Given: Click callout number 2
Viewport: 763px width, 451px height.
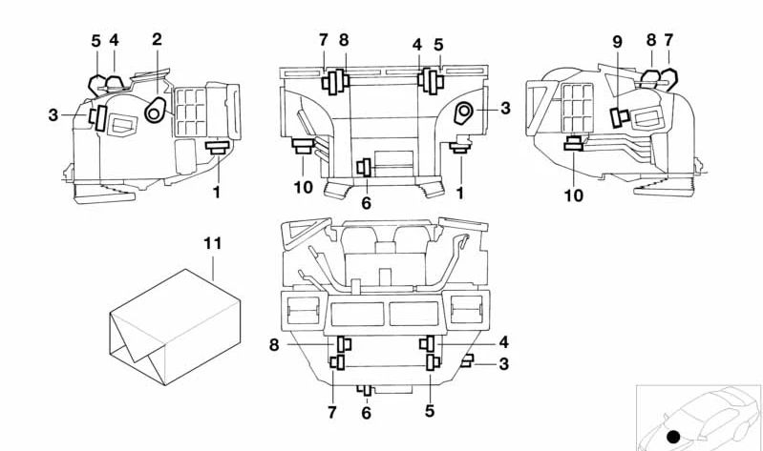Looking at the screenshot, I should [x=157, y=39].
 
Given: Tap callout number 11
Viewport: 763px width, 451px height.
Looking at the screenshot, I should [x=212, y=244].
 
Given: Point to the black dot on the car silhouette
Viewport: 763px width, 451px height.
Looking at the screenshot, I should [x=673, y=437].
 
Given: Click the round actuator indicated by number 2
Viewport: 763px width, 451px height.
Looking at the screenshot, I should [x=154, y=113].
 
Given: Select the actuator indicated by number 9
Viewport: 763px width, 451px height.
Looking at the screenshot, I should [x=619, y=116].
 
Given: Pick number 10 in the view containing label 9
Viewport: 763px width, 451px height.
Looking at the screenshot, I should [x=574, y=195].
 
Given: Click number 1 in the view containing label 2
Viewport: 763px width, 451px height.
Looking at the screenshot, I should [x=217, y=193].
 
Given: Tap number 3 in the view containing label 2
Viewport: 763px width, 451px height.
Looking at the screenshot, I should [x=53, y=115].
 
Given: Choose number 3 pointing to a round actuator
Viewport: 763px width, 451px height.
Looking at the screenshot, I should [x=505, y=109].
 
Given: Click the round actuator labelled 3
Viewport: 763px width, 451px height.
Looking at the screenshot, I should [x=465, y=113].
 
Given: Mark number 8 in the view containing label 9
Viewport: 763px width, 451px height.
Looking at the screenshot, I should [x=650, y=41].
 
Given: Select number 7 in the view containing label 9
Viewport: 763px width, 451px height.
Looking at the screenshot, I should [x=668, y=41].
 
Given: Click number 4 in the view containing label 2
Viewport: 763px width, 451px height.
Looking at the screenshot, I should [x=114, y=41].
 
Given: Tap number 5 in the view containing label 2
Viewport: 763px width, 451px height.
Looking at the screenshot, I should [x=95, y=41].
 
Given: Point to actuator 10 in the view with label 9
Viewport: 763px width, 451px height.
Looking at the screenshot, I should [x=574, y=144].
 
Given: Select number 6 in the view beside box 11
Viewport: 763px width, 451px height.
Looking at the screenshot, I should [x=366, y=413].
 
